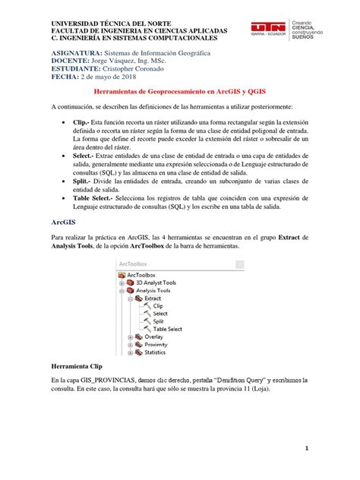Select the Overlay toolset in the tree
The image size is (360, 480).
[x=154, y=336]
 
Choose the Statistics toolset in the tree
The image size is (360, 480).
[x=156, y=352]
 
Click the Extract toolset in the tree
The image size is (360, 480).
[x=153, y=298]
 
